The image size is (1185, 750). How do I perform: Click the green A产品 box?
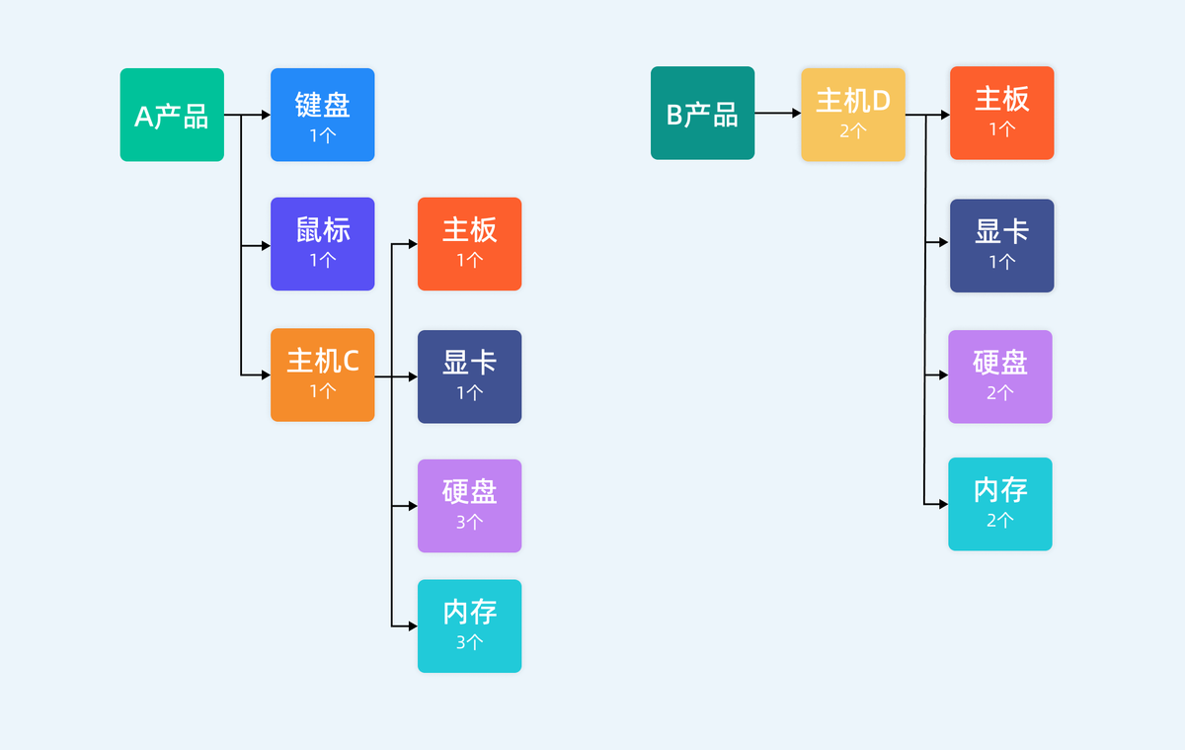tap(172, 115)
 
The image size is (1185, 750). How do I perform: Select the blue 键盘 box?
tap(322, 115)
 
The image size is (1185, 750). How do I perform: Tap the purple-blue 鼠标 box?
tap(322, 244)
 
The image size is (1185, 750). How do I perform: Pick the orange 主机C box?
tap(322, 375)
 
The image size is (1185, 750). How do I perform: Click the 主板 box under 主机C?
tap(469, 244)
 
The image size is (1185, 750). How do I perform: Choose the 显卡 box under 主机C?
tap(469, 376)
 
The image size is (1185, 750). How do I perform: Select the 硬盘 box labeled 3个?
tap(469, 506)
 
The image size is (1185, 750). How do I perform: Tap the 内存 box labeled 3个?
tap(469, 625)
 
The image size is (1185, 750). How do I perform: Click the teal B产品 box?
tap(702, 113)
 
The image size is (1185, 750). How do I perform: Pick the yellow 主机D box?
tap(852, 115)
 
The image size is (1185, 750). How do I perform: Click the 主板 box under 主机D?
tap(1001, 113)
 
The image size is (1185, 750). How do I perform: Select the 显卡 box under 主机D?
tap(1001, 246)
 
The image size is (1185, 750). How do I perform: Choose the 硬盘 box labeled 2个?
tap(999, 376)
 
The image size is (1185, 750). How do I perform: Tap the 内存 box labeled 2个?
tap(999, 504)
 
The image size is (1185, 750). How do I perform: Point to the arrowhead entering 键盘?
tap(266, 115)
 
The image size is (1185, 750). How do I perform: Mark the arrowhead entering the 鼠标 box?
tap(266, 245)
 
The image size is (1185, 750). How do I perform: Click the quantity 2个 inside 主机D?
tap(852, 129)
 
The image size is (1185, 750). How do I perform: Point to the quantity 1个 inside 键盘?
tap(322, 135)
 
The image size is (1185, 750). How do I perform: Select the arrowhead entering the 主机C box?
tap(266, 375)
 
